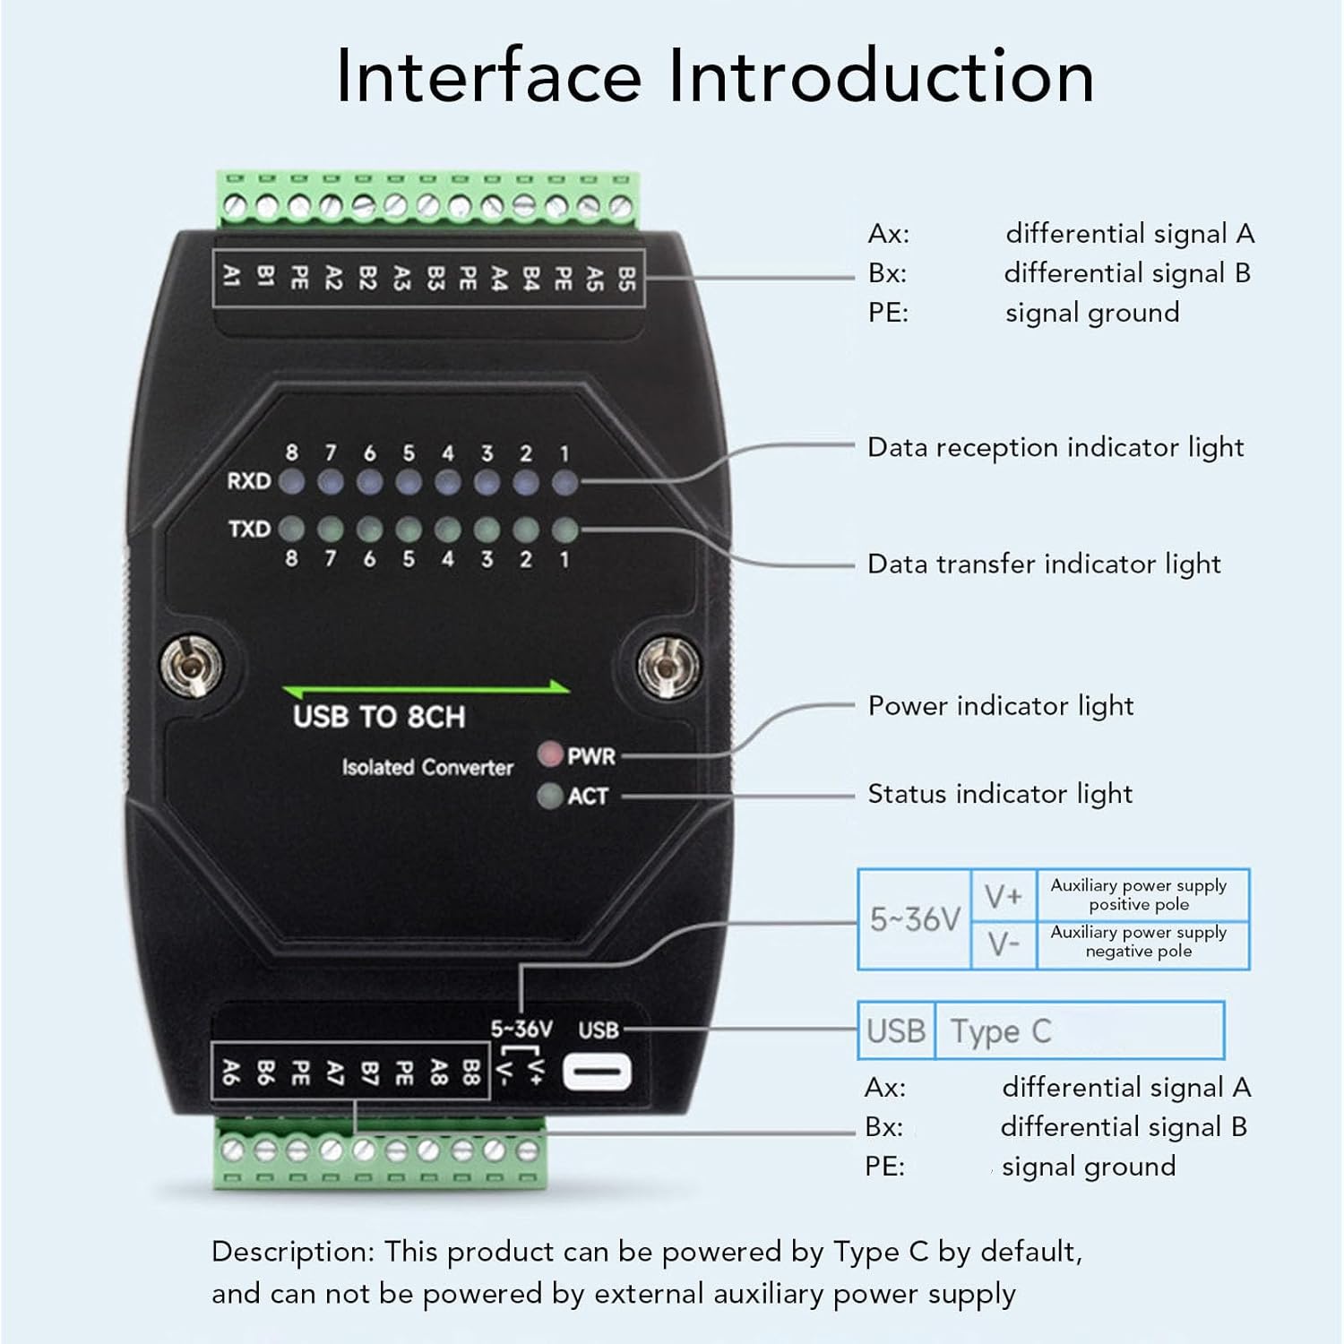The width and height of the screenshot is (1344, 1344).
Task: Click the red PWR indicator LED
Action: click(x=549, y=754)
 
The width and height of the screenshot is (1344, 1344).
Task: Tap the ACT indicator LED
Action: click(x=549, y=795)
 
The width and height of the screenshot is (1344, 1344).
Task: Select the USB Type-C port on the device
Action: click(x=597, y=1072)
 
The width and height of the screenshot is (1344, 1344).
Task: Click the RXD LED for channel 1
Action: click(x=564, y=482)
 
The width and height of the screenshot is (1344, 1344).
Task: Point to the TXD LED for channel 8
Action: click(x=291, y=530)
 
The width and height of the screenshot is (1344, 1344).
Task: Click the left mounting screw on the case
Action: click(x=191, y=665)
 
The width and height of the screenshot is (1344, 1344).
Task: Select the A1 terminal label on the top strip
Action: click(x=231, y=277)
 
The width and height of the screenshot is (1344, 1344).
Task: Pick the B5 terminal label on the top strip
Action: click(x=626, y=278)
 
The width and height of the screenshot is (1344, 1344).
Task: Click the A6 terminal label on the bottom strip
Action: click(x=230, y=1072)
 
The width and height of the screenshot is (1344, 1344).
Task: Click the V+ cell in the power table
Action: click(x=1003, y=895)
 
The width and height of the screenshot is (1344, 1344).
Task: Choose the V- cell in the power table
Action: click(x=1003, y=944)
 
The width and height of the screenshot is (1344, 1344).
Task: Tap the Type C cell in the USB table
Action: click(x=1001, y=1031)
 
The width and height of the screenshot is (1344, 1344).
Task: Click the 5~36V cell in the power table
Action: click(x=914, y=919)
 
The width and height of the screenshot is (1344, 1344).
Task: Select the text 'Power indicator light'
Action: click(x=1000, y=706)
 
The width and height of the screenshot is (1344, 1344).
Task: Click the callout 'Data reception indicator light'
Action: click(x=1055, y=447)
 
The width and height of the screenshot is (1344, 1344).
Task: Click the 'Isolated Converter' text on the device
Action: click(x=427, y=767)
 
